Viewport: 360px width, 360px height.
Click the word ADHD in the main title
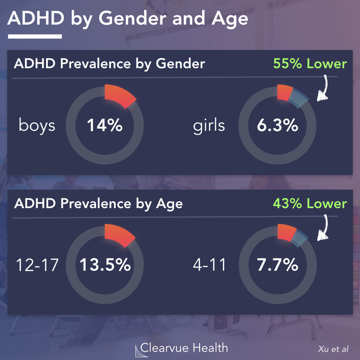click(36, 19)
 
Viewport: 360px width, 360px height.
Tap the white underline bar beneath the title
click(35, 36)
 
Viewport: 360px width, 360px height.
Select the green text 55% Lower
click(309, 64)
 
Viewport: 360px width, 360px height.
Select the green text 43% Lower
click(309, 204)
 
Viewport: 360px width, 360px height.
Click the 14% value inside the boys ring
click(104, 126)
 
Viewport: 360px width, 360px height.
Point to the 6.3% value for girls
click(277, 126)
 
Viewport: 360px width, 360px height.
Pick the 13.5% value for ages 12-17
click(105, 265)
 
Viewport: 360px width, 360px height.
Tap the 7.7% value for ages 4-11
click(277, 265)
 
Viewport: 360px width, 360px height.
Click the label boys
click(37, 126)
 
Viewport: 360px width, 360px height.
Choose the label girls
click(209, 126)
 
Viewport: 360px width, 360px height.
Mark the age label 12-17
click(37, 265)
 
